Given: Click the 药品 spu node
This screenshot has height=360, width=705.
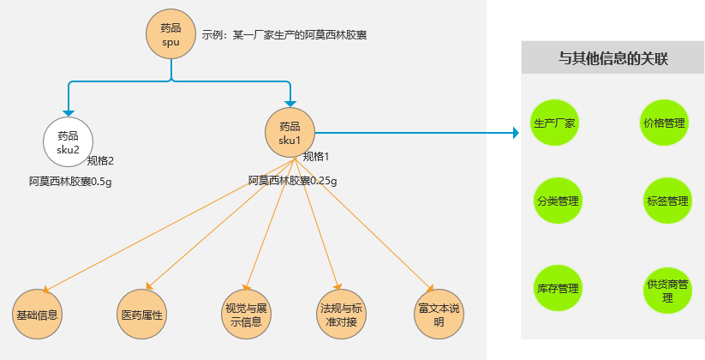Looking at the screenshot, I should pos(170,35).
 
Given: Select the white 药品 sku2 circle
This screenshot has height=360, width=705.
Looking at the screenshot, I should pos(68,141).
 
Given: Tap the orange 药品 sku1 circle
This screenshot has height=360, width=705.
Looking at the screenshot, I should pos(290,133).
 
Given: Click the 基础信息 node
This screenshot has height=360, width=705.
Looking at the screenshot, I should pos(38,314).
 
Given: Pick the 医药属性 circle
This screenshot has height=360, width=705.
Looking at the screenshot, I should pos(142,314).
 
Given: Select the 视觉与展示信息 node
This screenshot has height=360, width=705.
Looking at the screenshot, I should pos(246,315).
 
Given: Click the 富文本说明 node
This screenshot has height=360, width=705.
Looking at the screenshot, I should pos(439,315).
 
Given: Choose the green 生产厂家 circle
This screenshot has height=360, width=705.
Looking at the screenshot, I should pos(555,123).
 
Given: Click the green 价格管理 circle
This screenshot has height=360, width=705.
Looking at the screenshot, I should pos(664,123).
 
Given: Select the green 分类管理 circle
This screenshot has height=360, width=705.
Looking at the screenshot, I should pos(558,201).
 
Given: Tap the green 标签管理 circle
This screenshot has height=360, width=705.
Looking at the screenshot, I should pos(667,201).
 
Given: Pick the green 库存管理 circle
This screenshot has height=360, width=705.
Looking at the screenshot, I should pos(558,288).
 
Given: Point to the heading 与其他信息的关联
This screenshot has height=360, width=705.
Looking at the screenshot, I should pos(612,59).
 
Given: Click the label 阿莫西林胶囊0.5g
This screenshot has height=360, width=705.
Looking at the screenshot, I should pos(70,181).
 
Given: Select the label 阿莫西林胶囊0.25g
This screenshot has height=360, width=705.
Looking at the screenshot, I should pos(292,181).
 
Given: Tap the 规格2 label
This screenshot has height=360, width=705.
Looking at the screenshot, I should pos(100,160).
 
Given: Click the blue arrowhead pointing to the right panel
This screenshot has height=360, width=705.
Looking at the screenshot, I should pos(516,133).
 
